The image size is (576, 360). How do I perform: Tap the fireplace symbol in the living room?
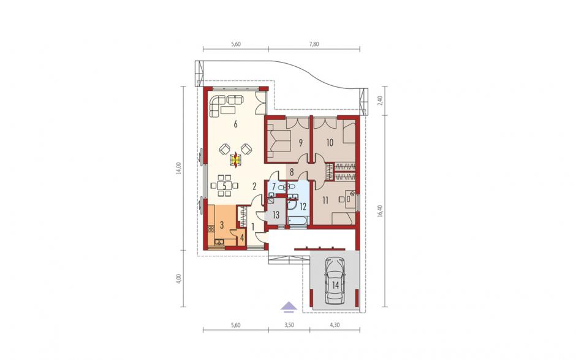point(235,159)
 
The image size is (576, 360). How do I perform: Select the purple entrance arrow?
point(289,307)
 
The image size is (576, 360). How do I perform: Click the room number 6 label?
point(235,124)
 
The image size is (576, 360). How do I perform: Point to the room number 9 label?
point(300,143)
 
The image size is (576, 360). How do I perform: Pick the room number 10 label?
point(330,142)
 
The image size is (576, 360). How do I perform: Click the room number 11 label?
point(325,201)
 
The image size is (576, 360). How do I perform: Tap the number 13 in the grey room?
point(276,215)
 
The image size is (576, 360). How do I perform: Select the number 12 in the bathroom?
point(303,207)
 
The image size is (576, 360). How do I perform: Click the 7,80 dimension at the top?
point(314,44)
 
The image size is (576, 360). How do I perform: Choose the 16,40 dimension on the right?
point(380,211)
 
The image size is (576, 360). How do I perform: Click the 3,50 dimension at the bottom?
point(289,325)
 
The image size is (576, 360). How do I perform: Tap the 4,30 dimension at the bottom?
point(335,325)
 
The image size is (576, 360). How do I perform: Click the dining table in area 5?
point(224,185)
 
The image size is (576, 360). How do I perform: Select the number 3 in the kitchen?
point(222,225)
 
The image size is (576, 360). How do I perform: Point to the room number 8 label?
point(292,172)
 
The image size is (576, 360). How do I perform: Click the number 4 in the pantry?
point(241,238)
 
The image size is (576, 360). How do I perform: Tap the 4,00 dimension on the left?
point(179,278)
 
